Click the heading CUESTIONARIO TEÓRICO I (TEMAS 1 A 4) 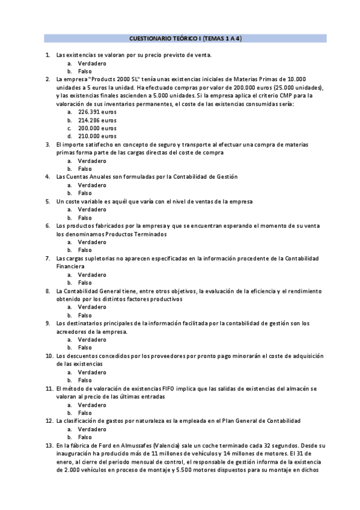[x=185, y=38]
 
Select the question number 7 [x=47, y=258]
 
